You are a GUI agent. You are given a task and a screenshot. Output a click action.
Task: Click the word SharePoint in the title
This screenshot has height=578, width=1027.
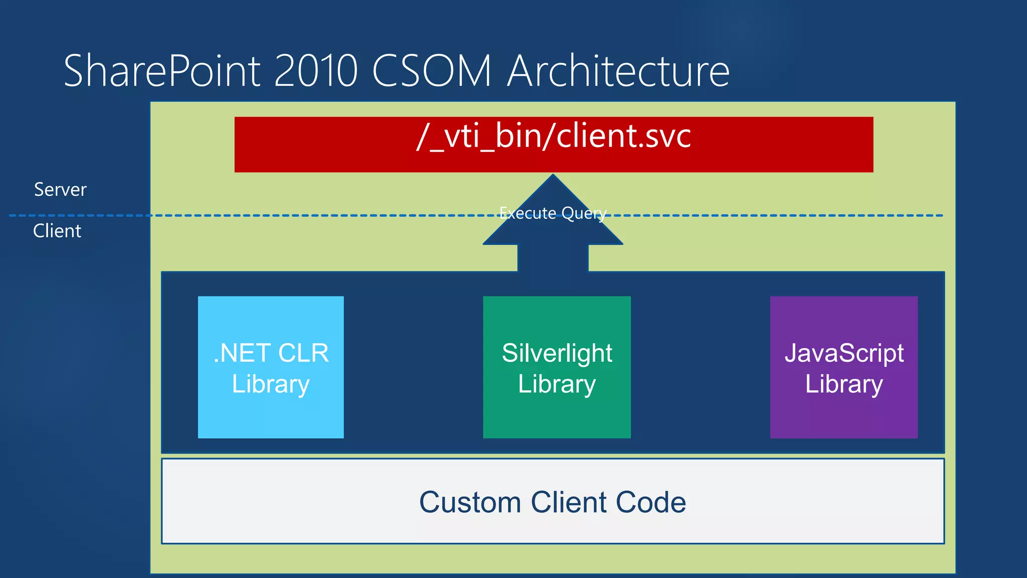point(162,71)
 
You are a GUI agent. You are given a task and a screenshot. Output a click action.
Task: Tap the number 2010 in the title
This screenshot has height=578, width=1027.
point(316,71)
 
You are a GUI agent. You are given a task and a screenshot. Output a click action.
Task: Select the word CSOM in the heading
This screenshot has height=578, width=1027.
point(432,71)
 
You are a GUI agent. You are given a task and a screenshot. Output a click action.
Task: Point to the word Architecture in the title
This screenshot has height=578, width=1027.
point(618,71)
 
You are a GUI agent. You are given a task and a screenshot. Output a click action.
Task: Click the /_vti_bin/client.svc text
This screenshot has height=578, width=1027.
point(554,136)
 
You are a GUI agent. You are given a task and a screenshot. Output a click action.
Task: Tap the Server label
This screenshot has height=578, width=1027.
point(60,190)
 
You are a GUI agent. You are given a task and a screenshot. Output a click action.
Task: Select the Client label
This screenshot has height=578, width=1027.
point(57,231)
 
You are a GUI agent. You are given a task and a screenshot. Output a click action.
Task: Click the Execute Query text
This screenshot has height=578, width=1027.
point(553,213)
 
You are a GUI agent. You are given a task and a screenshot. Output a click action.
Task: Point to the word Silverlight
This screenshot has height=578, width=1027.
point(557,353)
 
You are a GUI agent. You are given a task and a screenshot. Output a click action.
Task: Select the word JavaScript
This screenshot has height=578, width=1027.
point(844,353)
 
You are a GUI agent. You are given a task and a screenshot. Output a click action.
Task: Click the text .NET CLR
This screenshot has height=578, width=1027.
point(271,353)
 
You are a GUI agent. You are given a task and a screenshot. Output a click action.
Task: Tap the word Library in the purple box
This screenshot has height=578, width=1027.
point(844,384)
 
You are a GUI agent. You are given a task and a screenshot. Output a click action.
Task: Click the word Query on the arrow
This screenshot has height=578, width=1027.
point(584,214)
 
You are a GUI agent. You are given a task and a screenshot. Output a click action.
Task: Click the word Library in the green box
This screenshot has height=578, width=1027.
point(557,384)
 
